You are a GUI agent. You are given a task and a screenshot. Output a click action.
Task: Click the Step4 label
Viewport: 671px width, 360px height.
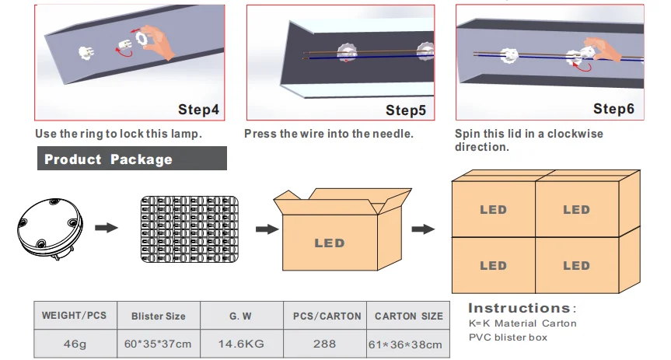pos(198,110)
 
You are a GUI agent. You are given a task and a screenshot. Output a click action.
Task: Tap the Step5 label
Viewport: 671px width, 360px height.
pos(406,110)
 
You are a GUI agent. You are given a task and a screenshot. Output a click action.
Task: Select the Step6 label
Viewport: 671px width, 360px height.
pos(613,109)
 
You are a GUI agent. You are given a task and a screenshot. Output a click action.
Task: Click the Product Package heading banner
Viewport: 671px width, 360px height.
pos(132,159)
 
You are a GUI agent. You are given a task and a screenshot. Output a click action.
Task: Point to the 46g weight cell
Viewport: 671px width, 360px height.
pos(75,344)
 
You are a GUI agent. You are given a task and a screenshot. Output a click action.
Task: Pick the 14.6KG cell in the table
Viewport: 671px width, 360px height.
pos(241,344)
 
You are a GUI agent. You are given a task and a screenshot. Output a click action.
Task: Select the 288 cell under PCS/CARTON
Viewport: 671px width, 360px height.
pos(324,344)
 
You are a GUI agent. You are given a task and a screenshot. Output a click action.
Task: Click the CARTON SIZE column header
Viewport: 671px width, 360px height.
pos(409,316)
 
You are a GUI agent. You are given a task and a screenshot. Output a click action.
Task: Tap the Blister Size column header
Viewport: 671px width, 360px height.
pos(159,316)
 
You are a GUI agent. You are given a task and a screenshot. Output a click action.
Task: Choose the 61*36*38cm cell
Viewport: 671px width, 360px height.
pos(405,344)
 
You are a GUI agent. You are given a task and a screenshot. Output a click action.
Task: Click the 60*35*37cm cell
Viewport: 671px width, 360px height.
pos(158,344)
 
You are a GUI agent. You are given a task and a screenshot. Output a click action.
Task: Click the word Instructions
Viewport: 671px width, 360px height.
pos(519,308)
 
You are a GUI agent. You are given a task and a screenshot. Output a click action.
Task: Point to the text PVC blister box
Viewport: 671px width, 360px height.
pos(508,337)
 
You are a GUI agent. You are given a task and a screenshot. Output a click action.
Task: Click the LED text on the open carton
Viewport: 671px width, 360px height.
pos(330,243)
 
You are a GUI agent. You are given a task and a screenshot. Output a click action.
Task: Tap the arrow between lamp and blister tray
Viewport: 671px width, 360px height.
pos(106,227)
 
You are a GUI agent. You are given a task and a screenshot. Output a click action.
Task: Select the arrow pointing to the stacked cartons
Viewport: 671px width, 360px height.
pos(423,229)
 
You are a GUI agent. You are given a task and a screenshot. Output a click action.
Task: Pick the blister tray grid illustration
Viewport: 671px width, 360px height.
pos(190,229)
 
